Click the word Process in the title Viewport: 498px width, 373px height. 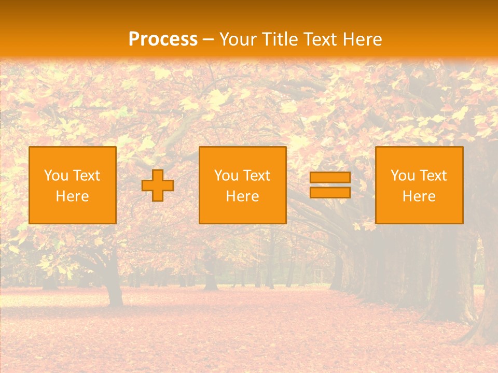pyautogui.click(x=163, y=39)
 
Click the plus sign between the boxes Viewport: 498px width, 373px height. pyautogui.click(x=158, y=185)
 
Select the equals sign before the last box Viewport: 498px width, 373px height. pyautogui.click(x=330, y=185)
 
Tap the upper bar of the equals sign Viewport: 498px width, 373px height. pyautogui.click(x=330, y=178)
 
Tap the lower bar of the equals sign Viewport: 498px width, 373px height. pyautogui.click(x=330, y=192)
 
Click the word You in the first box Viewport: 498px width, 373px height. pyautogui.click(x=56, y=176)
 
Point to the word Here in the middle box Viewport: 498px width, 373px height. pyautogui.click(x=243, y=196)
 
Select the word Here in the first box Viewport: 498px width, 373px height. pyautogui.click(x=73, y=196)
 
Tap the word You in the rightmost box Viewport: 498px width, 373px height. pyautogui.click(x=403, y=176)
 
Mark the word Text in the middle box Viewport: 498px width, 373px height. pyautogui.click(x=255, y=176)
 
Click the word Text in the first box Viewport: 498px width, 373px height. pyautogui.click(x=85, y=176)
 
